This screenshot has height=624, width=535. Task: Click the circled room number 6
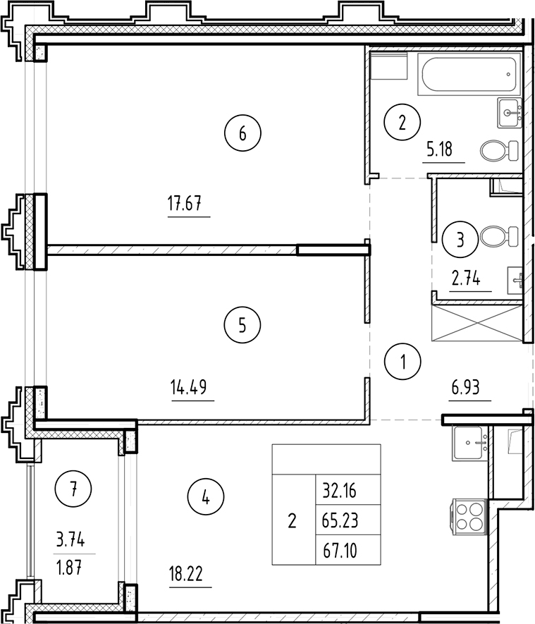coord(242,133)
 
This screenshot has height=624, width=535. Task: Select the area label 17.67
coord(189,206)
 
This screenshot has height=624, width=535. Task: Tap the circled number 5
coord(242,325)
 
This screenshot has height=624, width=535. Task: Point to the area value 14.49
coord(191,388)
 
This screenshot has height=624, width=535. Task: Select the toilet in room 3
coord(499,235)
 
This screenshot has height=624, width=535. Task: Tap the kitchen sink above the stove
coord(468,443)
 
